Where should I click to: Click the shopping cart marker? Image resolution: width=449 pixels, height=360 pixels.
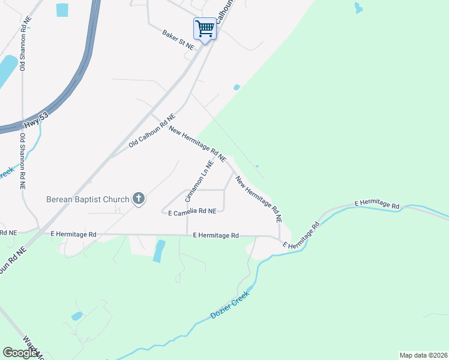tap(205, 28)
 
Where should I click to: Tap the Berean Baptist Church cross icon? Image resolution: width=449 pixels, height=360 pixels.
tap(139, 199)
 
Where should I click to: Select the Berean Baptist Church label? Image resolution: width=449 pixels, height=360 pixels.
tap(88, 199)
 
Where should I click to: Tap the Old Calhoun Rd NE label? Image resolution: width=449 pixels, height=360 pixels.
tap(151, 130)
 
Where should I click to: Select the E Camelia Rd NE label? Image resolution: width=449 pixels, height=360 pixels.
tap(192, 212)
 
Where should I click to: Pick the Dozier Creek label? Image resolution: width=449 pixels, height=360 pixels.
tap(229, 305)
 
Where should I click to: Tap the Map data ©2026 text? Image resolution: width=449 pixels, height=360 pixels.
tap(423, 355)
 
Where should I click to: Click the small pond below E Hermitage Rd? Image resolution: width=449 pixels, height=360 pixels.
tap(158, 251)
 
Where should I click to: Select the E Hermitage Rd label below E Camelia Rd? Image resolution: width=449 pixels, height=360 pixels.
tap(216, 236)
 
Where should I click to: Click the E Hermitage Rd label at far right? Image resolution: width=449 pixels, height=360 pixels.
tap(376, 205)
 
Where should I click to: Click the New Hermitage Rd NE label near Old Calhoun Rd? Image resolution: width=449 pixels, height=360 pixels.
tap(197, 144)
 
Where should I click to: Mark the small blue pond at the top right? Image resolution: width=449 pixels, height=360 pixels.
tap(358, 8)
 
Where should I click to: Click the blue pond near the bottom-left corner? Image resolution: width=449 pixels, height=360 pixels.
tap(77, 316)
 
